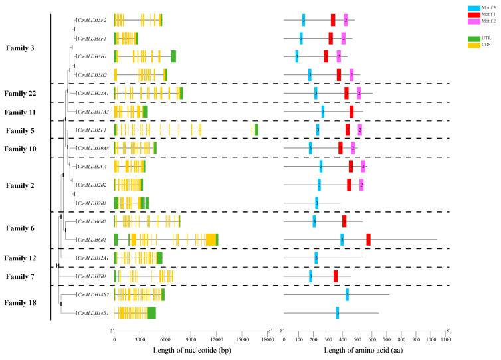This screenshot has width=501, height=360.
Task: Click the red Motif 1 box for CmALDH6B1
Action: click(368, 240)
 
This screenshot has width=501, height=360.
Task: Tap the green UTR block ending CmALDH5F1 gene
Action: click(256, 130)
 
